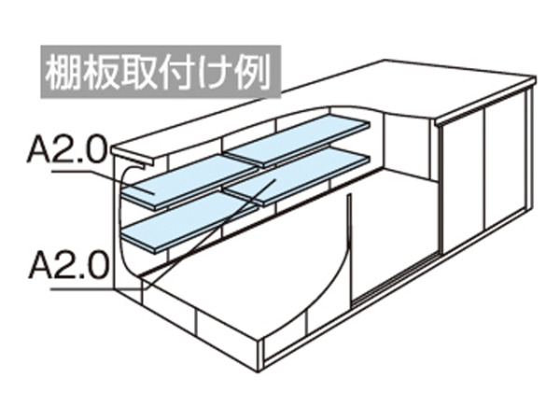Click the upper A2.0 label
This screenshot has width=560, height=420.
coord(67,150)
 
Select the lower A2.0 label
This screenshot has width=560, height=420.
coord(68,266)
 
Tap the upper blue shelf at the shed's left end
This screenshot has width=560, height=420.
coord(189,182)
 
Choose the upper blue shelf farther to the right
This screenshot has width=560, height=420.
coord(298,141)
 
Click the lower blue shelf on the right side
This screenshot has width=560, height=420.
coord(297,176)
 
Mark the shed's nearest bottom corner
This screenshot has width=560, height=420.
coord(260,371)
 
